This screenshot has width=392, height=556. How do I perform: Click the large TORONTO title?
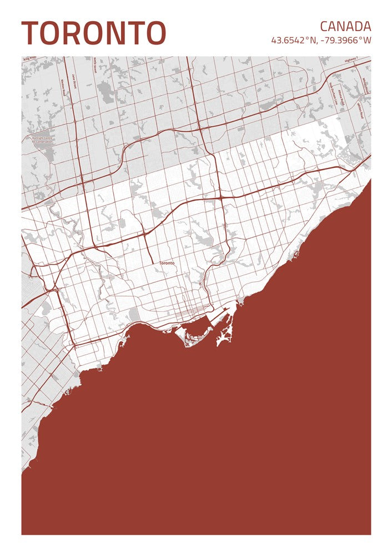point(93,33)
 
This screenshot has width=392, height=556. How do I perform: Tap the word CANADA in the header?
point(345,26)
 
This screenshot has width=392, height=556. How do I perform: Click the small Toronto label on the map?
point(166,263)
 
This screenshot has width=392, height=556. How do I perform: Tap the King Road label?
point(29,58)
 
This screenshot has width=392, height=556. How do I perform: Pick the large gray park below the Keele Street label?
point(105,93)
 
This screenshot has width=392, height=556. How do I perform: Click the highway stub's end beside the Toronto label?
point(153,262)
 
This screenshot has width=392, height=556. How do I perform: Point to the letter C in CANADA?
point(324,26)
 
